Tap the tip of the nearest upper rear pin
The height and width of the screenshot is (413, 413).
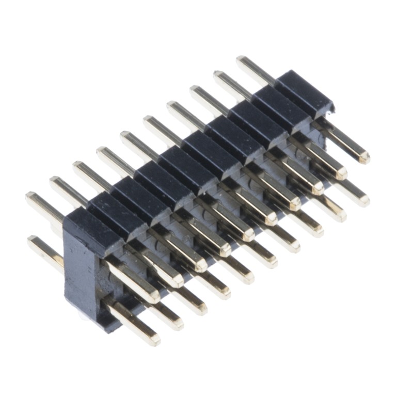click(x=30, y=197)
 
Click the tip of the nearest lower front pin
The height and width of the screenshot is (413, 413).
click(x=154, y=340)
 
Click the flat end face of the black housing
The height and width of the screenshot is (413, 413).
click(x=83, y=274)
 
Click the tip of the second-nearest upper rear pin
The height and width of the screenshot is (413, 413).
click(x=53, y=180)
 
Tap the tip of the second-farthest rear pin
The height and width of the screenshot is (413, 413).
click(x=217, y=75)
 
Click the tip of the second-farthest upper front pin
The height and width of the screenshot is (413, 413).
click(x=341, y=172)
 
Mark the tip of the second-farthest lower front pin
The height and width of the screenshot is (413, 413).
click(x=341, y=215)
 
